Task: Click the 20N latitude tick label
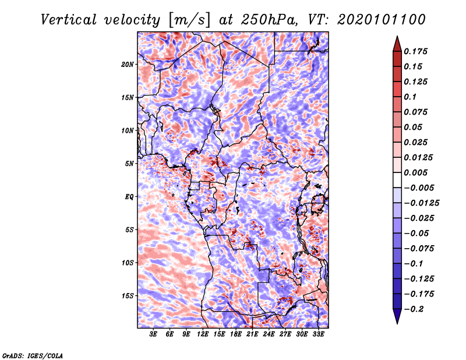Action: click(x=128, y=64)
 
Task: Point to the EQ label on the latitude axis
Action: click(x=129, y=197)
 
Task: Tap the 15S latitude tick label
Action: click(x=128, y=296)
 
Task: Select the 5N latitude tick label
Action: click(x=129, y=164)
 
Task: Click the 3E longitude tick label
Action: click(x=153, y=334)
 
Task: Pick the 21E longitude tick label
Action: click(x=252, y=334)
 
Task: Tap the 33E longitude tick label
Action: click(x=318, y=334)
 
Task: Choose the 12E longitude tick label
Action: click(x=203, y=334)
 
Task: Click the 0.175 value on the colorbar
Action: click(x=415, y=51)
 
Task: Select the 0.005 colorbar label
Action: click(x=415, y=172)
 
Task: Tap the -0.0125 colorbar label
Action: click(x=421, y=203)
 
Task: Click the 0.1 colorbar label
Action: click(x=410, y=97)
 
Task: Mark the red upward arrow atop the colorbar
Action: click(x=397, y=44)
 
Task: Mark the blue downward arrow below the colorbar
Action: click(x=397, y=316)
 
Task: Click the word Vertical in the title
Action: click(x=69, y=20)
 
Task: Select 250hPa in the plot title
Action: click(x=269, y=20)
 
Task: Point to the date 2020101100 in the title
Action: click(x=382, y=20)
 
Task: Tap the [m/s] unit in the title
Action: click(x=189, y=20)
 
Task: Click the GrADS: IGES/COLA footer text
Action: click(x=33, y=355)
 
